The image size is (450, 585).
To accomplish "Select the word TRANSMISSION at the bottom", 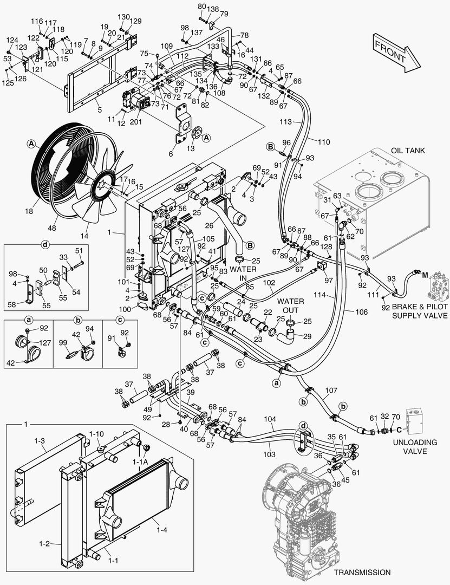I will tap(362, 572).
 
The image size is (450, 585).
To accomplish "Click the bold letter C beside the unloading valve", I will tap(399, 430).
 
